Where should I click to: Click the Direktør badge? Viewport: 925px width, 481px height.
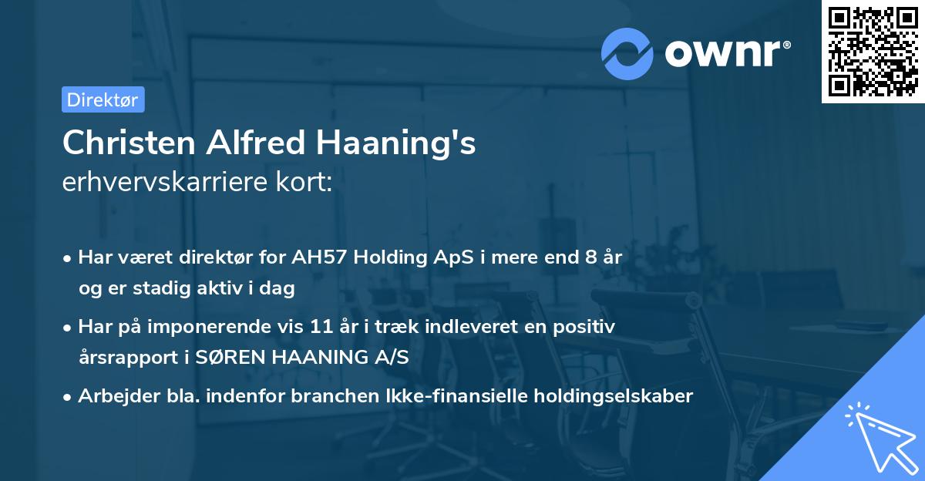click(103, 99)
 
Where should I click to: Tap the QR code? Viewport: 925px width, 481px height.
click(873, 52)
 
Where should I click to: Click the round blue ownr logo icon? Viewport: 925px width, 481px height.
click(627, 53)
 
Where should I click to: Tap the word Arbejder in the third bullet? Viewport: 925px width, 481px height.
click(113, 396)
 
